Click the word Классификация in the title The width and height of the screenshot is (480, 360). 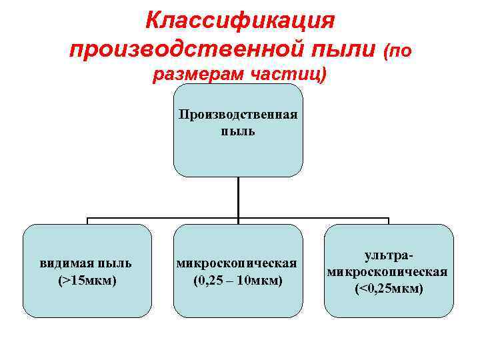click(x=239, y=21)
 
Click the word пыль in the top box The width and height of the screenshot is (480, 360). click(x=238, y=131)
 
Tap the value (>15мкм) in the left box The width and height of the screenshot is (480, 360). click(x=87, y=280)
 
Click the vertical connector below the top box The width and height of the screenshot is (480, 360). click(x=238, y=197)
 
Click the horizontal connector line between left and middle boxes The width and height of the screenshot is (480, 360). click(x=163, y=218)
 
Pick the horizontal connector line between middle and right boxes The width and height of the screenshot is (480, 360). click(x=313, y=218)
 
